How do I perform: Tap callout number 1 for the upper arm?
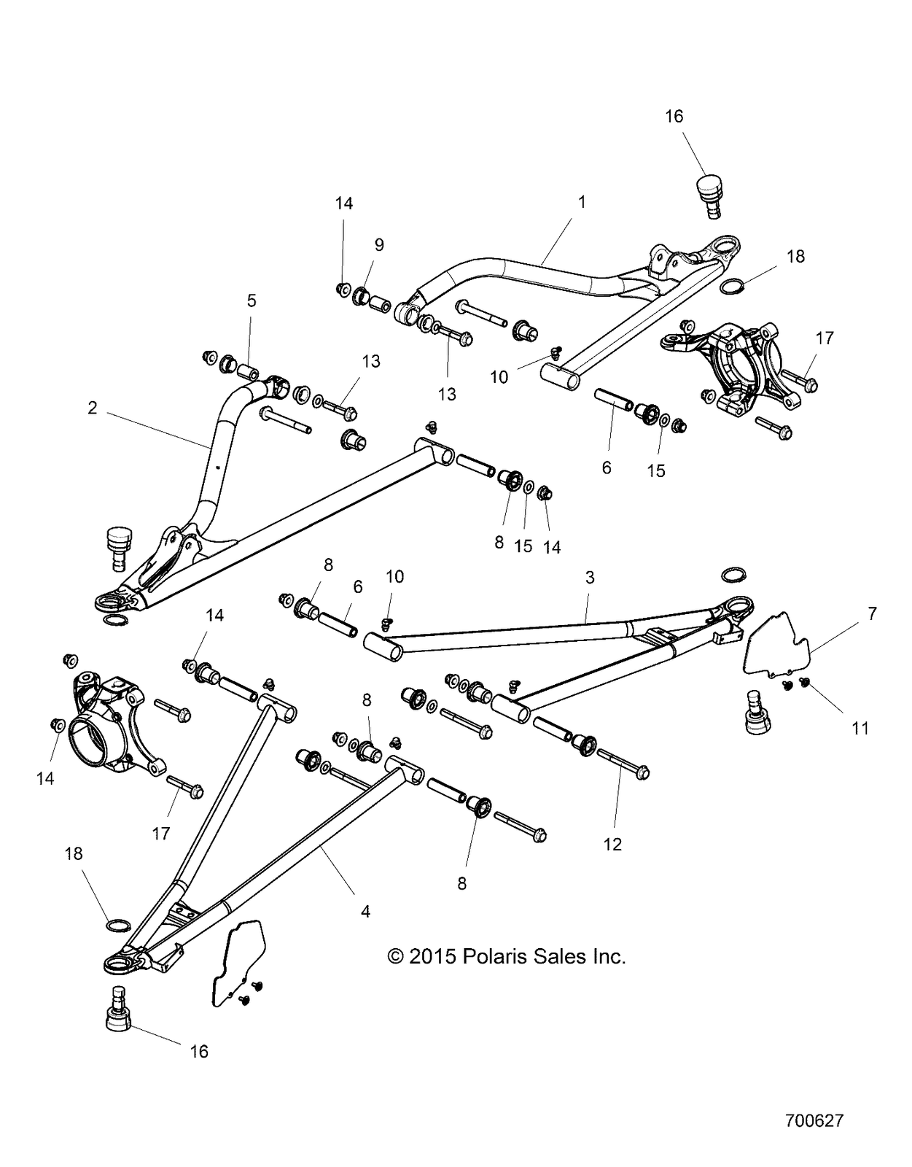[x=582, y=202]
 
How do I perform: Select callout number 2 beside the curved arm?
[x=93, y=408]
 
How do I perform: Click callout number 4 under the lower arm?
[x=365, y=911]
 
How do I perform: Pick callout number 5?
[x=252, y=301]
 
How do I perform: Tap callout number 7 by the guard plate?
[x=872, y=614]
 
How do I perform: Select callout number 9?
[x=379, y=245]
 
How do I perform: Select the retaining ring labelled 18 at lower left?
[x=117, y=926]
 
